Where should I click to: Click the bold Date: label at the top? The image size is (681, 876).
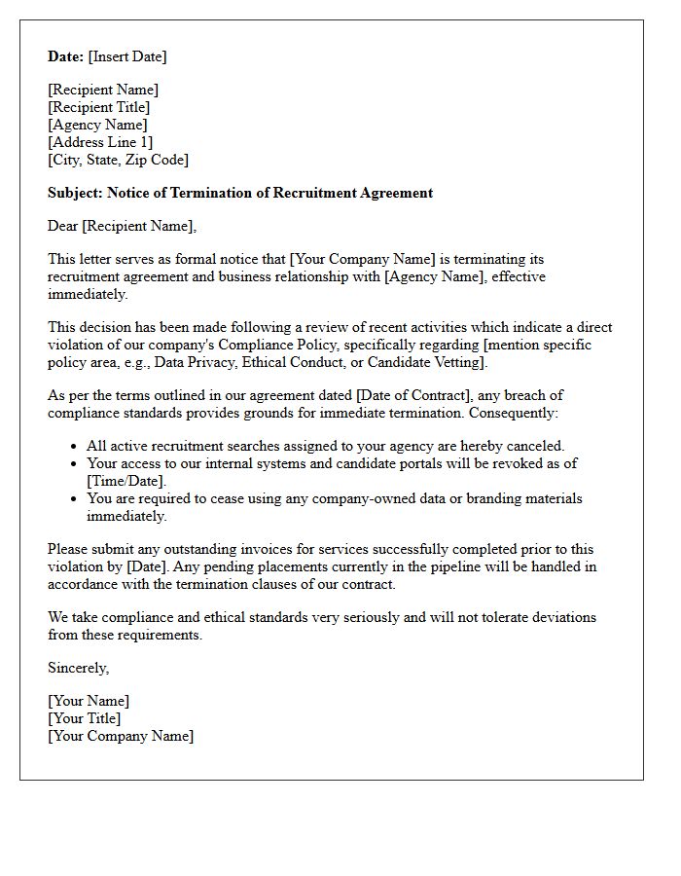coord(66,56)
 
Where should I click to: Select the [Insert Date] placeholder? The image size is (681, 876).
coord(127,56)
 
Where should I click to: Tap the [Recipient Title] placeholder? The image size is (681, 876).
coord(99,107)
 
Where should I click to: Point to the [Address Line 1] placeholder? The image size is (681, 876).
coord(100,142)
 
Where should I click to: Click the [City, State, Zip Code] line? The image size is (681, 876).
coord(118,160)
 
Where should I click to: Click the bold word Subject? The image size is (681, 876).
coord(76,193)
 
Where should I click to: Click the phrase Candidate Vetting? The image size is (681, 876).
coord(426,362)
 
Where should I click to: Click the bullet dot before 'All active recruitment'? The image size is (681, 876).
coord(75,447)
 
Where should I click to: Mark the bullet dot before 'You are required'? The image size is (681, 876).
coord(75,499)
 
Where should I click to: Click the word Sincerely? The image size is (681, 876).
coord(78,668)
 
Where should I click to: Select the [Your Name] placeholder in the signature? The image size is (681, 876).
coord(89,701)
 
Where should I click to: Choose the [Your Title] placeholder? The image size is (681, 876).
coord(85,718)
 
